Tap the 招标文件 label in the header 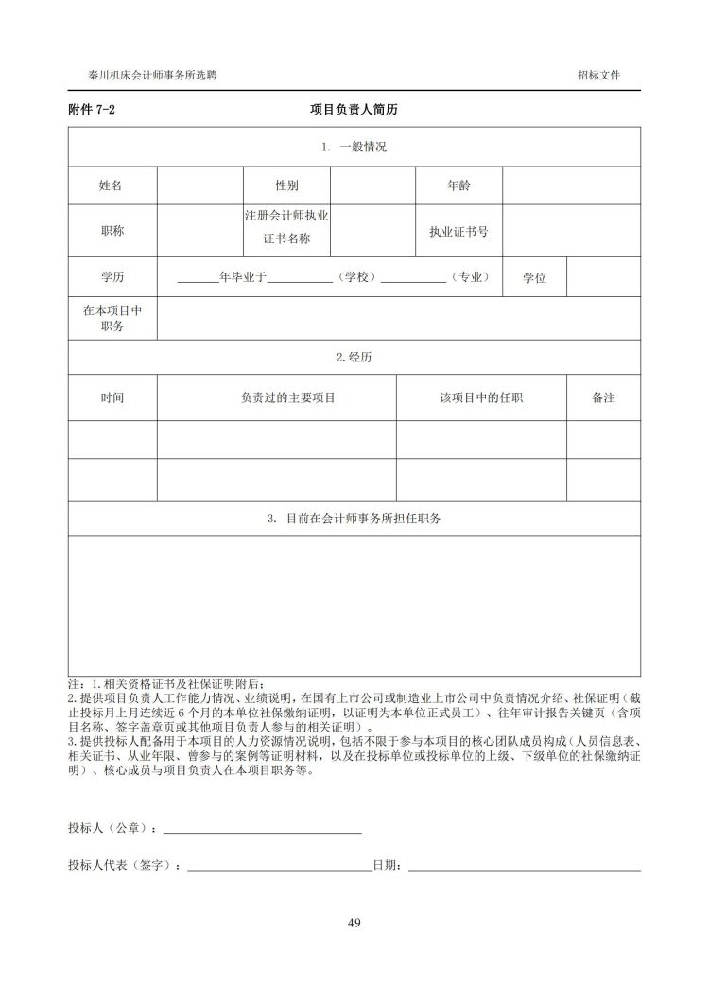(x=598, y=75)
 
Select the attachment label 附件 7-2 (x=92, y=110)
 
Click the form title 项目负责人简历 (x=354, y=110)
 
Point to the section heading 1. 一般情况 (x=354, y=147)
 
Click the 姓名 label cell (x=112, y=185)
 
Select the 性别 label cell (x=286, y=185)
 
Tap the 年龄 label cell (x=458, y=185)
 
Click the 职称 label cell (x=112, y=230)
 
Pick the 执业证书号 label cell (x=458, y=230)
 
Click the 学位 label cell (x=534, y=278)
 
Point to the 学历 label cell (x=112, y=277)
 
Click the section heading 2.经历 (x=354, y=357)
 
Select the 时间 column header (x=112, y=397)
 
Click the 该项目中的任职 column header (x=481, y=397)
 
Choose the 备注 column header (x=603, y=397)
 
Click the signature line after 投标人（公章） (x=263, y=832)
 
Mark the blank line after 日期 (x=525, y=868)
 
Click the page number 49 (x=354, y=923)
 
